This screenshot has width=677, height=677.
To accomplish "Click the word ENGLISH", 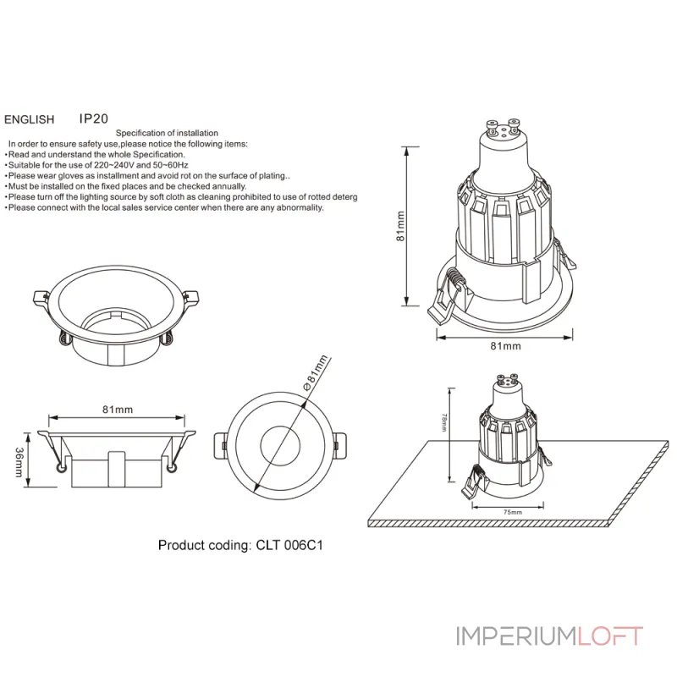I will [x=30, y=121].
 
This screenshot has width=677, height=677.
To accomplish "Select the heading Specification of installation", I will [x=167, y=133].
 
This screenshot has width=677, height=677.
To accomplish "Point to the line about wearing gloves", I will [x=148, y=176].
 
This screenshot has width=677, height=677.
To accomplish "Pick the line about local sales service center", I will [x=165, y=207].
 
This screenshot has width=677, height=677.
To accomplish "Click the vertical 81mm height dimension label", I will [x=401, y=226].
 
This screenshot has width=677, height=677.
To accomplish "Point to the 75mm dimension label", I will [x=511, y=513].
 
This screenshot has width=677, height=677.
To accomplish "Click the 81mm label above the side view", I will [x=117, y=410].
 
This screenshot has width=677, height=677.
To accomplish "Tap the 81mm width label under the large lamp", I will [x=505, y=346].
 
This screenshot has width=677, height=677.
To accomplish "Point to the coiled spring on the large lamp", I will [x=457, y=280].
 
